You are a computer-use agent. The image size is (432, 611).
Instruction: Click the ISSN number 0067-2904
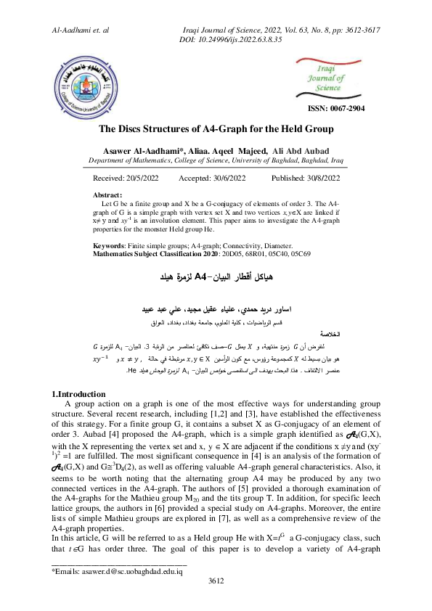pyautogui.click(x=336, y=109)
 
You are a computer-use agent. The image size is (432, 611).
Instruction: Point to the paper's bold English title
pyautogui.click(x=216, y=130)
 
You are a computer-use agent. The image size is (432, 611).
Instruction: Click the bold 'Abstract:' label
pyautogui.click(x=109, y=196)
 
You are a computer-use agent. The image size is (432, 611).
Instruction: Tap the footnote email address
pyautogui.click(x=135, y=591)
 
